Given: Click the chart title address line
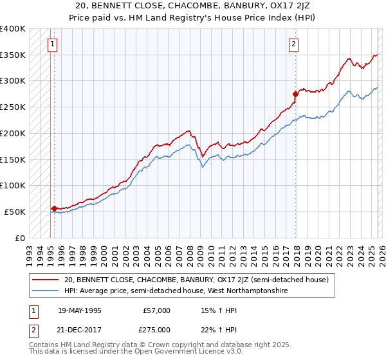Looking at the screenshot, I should (x=193, y=5).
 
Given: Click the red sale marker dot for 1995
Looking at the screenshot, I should (x=54, y=208).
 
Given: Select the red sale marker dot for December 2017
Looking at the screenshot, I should (x=295, y=94).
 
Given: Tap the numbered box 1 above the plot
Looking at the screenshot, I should (x=52, y=44).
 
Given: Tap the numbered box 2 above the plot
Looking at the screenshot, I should (x=293, y=44).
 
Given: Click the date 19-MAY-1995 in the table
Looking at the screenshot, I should (x=79, y=310).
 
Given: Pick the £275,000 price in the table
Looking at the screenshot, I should (x=156, y=328).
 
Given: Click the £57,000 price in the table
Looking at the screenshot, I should (x=156, y=310).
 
